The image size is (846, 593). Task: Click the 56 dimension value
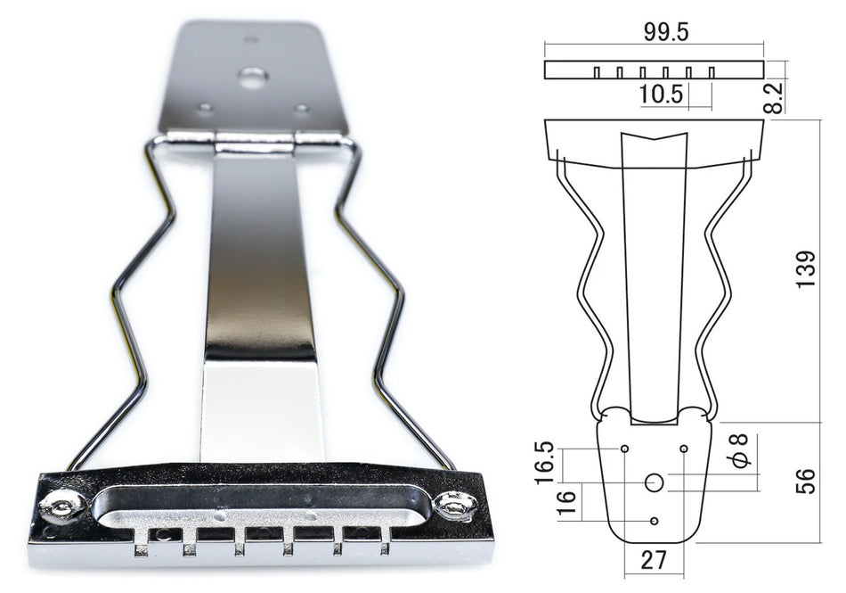(805, 482)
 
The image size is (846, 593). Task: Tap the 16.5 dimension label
(546, 461)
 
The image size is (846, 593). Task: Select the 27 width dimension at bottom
(655, 561)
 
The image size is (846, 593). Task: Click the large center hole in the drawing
(655, 482)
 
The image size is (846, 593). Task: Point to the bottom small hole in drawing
(655, 521)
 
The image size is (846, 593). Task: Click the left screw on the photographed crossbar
(62, 506)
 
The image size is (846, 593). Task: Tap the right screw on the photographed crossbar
(456, 506)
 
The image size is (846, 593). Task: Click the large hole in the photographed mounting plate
(253, 78)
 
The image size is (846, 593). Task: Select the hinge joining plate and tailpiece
(254, 139)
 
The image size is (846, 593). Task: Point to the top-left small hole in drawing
(625, 448)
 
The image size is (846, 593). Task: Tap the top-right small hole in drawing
(684, 448)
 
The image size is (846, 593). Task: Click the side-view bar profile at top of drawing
(654, 70)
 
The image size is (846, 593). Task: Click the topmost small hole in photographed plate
(251, 39)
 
